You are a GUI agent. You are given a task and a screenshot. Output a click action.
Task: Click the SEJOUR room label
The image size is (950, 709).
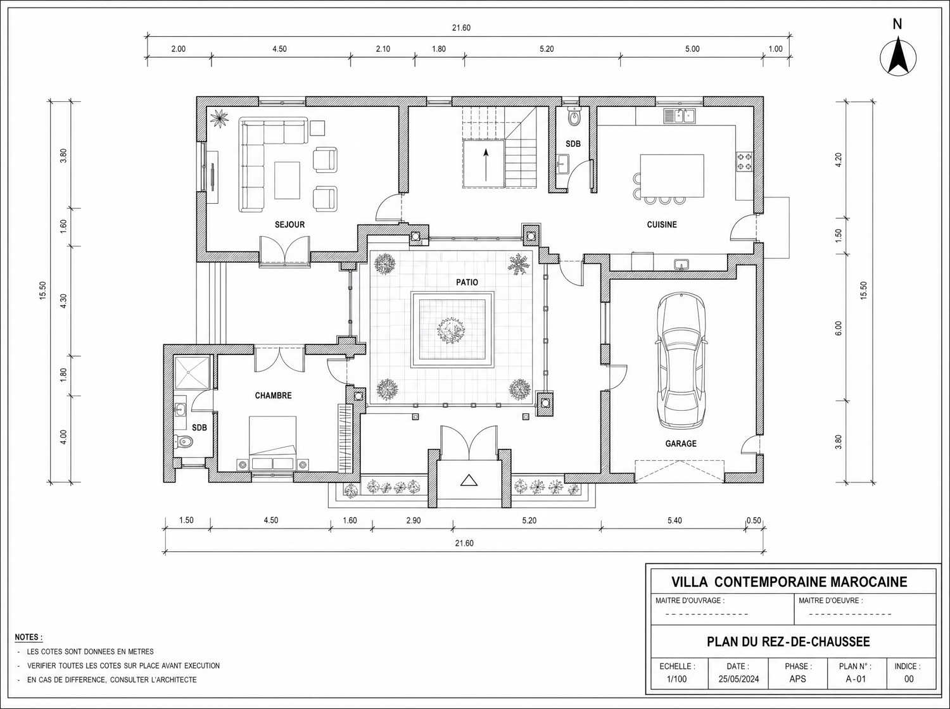tap(289, 225)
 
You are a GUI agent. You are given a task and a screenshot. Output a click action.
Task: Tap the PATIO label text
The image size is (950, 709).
tap(467, 282)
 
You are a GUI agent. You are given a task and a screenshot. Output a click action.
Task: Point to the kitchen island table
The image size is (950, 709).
tap(672, 175)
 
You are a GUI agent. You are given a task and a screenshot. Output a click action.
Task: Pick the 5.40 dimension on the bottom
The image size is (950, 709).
tap(674, 520)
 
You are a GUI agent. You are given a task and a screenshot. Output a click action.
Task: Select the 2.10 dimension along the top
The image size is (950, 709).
tap(383, 49)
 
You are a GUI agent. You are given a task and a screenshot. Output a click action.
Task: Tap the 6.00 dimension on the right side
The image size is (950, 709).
tap(839, 329)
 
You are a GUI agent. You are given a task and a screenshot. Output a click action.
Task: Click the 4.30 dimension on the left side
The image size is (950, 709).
tap(63, 301)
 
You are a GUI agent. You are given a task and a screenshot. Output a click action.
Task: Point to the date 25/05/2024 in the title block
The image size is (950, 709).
tap(739, 679)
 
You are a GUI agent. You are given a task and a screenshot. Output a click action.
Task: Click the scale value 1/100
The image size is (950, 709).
tap(677, 679)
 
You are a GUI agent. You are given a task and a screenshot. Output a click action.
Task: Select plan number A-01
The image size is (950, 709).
tap(856, 679)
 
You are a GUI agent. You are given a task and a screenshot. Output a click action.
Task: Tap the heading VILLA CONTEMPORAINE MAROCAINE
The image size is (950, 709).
tap(789, 582)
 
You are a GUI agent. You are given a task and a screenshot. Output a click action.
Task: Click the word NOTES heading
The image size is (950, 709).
tap(28, 637)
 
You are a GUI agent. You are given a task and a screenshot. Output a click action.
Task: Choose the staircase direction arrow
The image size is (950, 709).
tap(486, 165)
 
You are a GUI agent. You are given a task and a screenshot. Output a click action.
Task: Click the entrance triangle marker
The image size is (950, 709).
tap(469, 480)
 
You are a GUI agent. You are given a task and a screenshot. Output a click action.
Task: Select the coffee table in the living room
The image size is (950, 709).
tap(287, 180)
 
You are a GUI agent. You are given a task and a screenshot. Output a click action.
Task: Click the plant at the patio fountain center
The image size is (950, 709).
tap(452, 330)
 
